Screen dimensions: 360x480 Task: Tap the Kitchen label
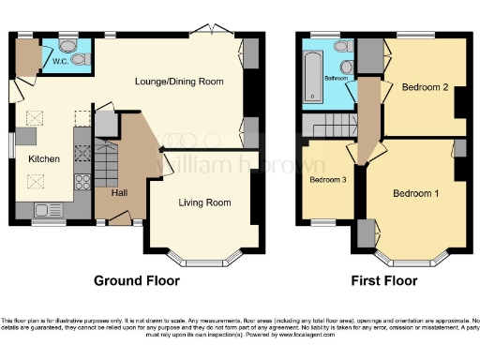pos(43,159)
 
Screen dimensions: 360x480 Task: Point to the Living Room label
pos(204,202)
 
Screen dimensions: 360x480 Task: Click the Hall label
pos(119,193)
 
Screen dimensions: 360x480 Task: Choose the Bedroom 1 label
pos(415,194)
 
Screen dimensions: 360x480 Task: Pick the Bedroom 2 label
pos(425,87)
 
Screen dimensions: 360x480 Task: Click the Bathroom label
pos(336,78)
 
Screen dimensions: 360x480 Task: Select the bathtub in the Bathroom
pos(313,76)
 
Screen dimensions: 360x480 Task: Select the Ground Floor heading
pos(136,280)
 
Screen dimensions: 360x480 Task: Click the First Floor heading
pos(383,280)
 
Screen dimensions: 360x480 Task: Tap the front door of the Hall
pos(119,218)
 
